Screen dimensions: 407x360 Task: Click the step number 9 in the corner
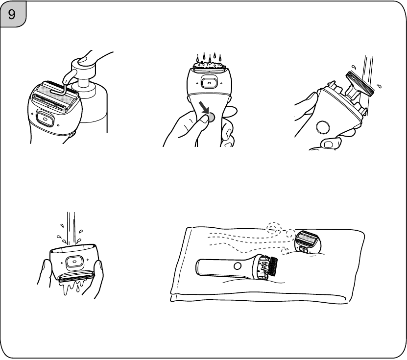[x=12, y=14]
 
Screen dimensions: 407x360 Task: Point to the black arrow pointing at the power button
[x=204, y=107]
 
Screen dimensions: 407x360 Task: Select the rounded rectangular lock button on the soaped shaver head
[x=45, y=119]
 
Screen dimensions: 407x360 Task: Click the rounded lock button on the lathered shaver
[x=209, y=83]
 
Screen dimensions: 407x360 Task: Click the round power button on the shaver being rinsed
[x=323, y=127]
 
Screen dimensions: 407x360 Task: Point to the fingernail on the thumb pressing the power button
[x=205, y=119]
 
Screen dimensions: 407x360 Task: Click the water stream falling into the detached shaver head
[x=71, y=229]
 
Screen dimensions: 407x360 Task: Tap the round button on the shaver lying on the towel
[x=237, y=266]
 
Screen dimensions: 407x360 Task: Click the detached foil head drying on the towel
[x=308, y=242]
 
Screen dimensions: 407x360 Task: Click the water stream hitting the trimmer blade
[x=369, y=70]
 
